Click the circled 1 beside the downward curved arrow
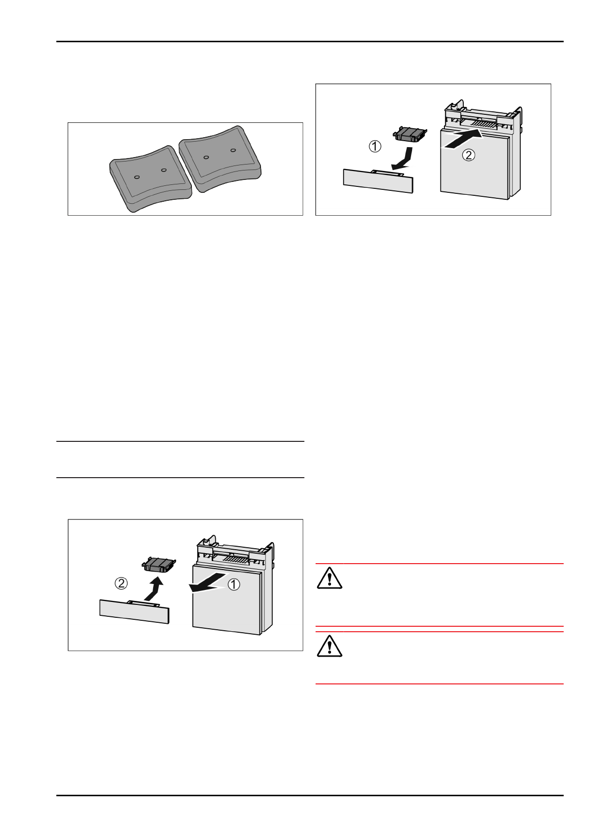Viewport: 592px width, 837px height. tap(375, 146)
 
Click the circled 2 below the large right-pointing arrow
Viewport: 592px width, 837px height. tap(469, 155)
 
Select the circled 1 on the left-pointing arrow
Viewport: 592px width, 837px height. tap(234, 585)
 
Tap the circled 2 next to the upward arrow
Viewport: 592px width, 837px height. tap(121, 584)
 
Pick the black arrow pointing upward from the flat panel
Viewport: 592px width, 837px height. tap(155, 589)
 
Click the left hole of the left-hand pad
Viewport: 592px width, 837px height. tap(137, 177)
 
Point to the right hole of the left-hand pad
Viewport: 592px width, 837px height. tap(164, 170)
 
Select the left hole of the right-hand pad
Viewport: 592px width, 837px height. tap(206, 158)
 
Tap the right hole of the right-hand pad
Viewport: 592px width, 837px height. tap(233, 150)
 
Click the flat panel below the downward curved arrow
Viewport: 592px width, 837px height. tap(378, 181)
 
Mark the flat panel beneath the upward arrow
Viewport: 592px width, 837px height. tap(134, 611)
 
